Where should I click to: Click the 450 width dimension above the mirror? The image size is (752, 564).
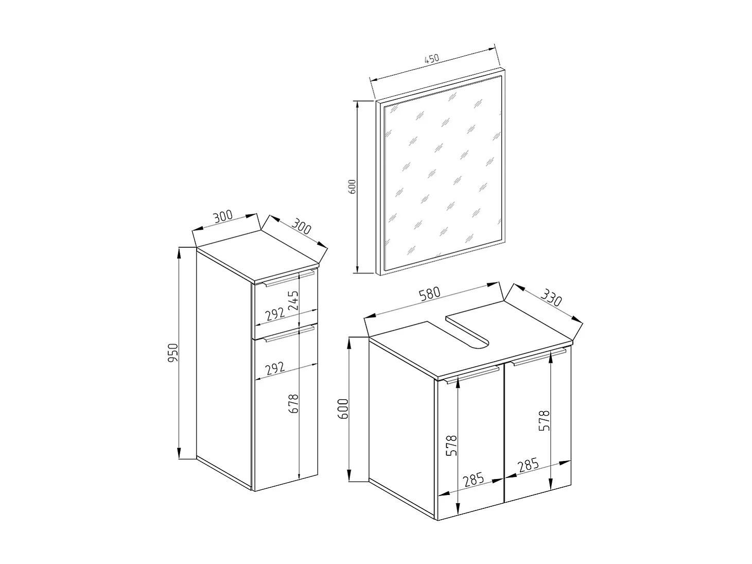tap(431, 59)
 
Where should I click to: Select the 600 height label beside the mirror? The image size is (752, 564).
tap(352, 186)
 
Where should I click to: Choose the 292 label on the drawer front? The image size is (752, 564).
tap(275, 314)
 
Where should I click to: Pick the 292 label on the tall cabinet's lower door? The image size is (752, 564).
tap(275, 368)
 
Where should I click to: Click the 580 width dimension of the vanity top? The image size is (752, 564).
tap(430, 294)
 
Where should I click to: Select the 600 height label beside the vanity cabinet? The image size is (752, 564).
tap(345, 409)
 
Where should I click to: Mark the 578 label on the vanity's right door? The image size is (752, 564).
tap(545, 421)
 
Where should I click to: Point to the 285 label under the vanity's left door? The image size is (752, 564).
tap(473, 480)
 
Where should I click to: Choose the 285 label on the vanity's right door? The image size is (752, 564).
tap(528, 466)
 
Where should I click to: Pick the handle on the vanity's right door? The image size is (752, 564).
tap(539, 357)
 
